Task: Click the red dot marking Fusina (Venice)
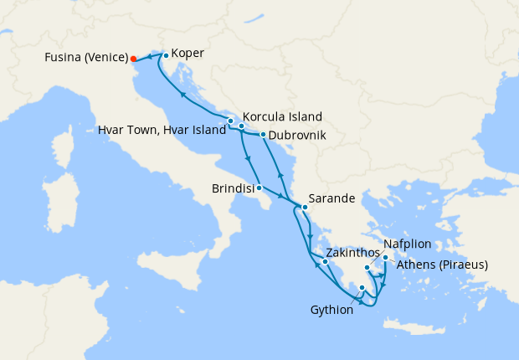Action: (132, 59)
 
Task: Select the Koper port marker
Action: (166, 56)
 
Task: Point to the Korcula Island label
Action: (282, 117)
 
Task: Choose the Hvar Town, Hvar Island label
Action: (162, 131)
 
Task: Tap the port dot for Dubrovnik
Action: (263, 135)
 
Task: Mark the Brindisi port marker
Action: (259, 188)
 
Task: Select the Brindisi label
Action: (233, 189)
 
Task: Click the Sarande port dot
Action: (305, 207)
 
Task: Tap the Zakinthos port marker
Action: (325, 262)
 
